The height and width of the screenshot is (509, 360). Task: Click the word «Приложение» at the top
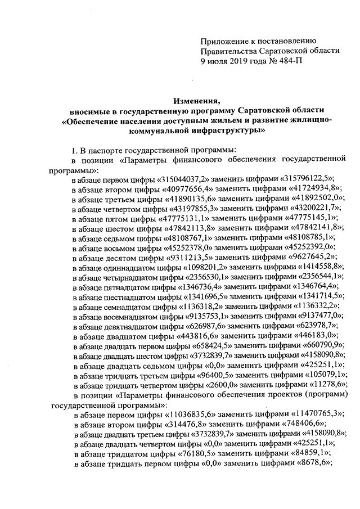pos(223,40)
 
